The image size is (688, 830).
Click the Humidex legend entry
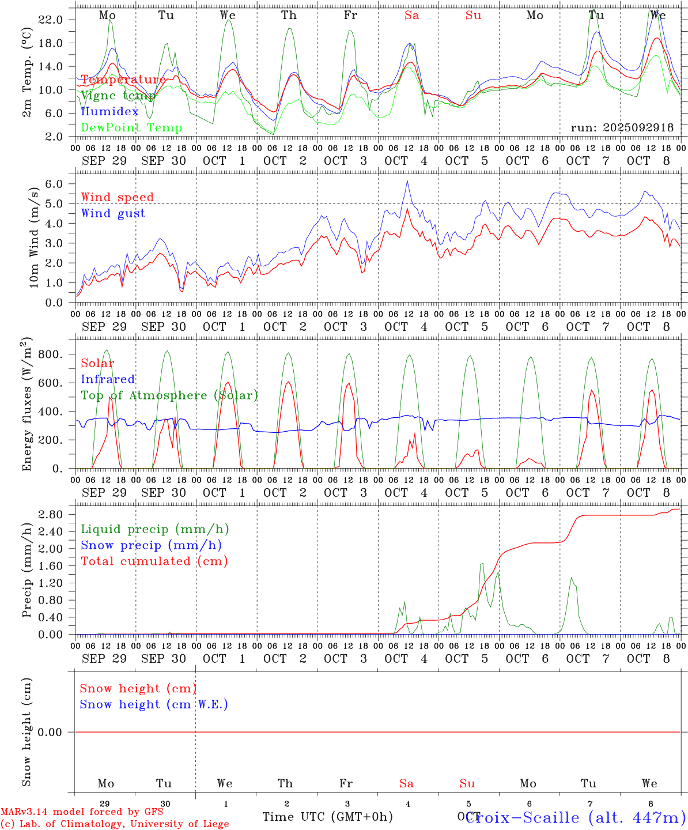coord(109,112)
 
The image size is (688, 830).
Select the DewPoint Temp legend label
coord(131,128)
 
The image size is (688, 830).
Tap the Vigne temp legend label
coord(118,96)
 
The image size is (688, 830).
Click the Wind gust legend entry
coord(113,213)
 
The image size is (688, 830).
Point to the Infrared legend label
coord(108,379)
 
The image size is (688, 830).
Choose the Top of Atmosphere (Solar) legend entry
coord(169,395)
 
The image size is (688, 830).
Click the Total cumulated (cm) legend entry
coord(154,561)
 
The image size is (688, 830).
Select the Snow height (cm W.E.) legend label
coord(153,704)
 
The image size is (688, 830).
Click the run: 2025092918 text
coord(622,128)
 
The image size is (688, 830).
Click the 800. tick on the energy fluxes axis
coord(50,354)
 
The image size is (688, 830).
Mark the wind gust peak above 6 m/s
coord(407,181)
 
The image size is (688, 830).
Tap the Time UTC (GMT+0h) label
coord(327,817)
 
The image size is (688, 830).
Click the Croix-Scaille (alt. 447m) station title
coord(574,817)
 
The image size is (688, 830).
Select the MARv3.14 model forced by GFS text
coord(82,812)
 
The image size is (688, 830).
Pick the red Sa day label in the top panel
coord(411,16)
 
